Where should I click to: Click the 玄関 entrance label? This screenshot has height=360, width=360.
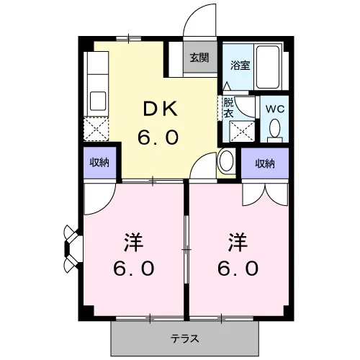click(199, 58)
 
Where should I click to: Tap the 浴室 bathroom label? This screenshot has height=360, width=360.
click(240, 66)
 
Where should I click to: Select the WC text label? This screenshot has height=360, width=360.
click(275, 109)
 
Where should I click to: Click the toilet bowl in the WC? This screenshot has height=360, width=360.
click(275, 128)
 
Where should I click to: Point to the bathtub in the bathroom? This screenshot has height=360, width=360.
click(268, 67)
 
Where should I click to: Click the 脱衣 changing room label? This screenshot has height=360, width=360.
click(228, 108)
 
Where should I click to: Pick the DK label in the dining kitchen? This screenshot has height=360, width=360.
click(161, 109)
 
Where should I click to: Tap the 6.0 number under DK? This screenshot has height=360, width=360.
click(158, 138)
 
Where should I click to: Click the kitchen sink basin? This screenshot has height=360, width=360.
click(98, 101)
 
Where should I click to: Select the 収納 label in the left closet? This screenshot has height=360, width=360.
click(99, 163)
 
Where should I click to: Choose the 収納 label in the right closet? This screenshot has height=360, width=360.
click(265, 163)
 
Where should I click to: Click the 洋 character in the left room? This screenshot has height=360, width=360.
click(134, 242)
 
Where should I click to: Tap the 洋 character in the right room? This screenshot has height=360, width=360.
click(238, 242)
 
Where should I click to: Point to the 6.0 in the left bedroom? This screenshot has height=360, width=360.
click(134, 269)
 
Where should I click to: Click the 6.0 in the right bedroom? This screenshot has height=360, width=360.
click(238, 269)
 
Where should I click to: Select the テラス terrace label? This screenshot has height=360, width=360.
click(185, 339)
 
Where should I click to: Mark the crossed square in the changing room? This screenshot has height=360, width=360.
click(242, 131)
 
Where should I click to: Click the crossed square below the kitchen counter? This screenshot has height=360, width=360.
click(96, 129)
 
